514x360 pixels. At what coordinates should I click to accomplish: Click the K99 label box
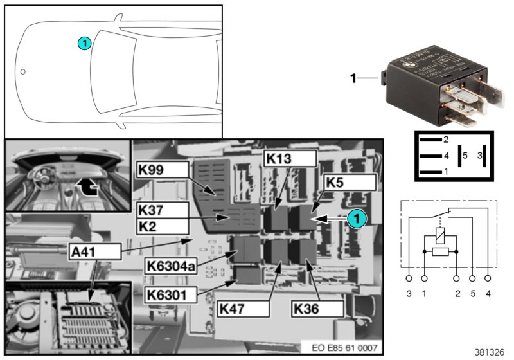coord(163,170)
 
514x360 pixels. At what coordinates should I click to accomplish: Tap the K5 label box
coord(349,182)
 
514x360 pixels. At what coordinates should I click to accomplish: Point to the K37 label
coord(163,209)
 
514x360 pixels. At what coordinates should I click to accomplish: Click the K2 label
coord(163,226)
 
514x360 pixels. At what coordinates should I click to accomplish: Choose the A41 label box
coord(95,251)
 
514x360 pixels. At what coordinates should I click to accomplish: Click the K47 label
coord(242,309)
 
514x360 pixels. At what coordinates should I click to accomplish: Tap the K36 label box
coord(317,309)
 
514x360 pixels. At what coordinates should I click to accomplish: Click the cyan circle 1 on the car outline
coord(84,43)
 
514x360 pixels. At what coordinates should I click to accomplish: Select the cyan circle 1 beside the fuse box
coord(355,219)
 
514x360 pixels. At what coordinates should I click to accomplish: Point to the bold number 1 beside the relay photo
coord(352,78)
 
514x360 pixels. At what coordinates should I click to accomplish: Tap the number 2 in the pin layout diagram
coord(445,139)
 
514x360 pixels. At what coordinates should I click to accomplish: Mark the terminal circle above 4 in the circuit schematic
coord(488,279)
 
